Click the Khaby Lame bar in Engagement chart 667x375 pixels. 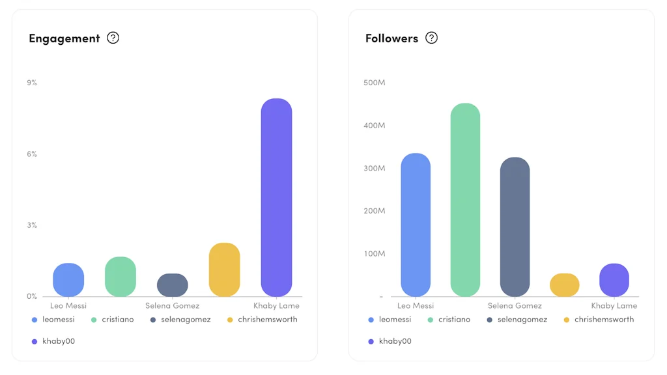tap(276, 197)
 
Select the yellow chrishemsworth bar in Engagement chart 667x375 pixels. tap(224, 270)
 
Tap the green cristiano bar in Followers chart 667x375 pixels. tap(465, 200)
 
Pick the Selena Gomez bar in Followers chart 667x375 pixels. tap(515, 227)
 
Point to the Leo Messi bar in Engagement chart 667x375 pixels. tap(68, 280)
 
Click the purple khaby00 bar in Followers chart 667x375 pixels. tap(614, 280)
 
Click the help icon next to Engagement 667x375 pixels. tap(113, 38)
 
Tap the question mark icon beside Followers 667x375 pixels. tap(431, 38)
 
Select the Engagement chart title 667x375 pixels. tap(64, 38)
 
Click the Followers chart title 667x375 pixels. tap(391, 38)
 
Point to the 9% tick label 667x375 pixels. tap(32, 83)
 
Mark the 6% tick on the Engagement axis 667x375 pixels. tap(32, 154)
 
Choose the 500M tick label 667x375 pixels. tap(375, 83)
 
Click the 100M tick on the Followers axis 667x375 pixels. tap(375, 253)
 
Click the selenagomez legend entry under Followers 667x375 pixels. tap(522, 320)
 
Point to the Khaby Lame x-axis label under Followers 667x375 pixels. tap(614, 305)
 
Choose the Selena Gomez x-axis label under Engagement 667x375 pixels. tap(173, 305)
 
